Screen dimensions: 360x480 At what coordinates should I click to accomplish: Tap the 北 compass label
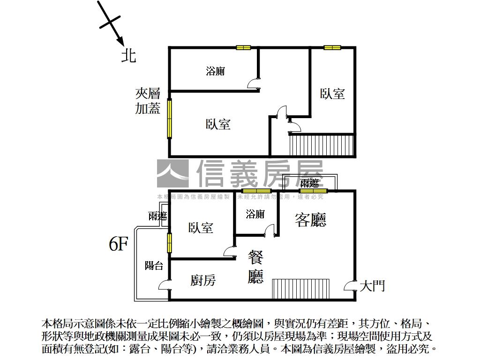(x=128, y=55)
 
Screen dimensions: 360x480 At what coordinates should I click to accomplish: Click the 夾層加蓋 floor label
(x=148, y=101)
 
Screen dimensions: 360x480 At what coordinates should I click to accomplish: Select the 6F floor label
(x=118, y=244)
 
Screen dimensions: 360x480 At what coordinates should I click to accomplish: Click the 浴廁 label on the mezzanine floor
(x=215, y=71)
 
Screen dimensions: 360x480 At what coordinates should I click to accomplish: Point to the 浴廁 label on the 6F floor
(x=255, y=214)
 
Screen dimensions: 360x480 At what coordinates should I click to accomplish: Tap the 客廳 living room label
(x=310, y=219)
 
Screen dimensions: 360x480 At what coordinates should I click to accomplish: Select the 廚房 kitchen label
(x=203, y=280)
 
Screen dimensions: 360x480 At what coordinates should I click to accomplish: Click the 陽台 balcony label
(x=154, y=266)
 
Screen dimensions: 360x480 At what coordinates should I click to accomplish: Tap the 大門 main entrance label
(x=372, y=285)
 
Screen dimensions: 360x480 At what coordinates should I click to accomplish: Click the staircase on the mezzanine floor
(x=321, y=145)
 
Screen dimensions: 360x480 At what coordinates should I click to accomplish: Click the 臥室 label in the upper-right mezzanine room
(x=332, y=94)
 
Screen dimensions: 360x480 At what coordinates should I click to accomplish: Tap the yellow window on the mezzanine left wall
(x=170, y=118)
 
